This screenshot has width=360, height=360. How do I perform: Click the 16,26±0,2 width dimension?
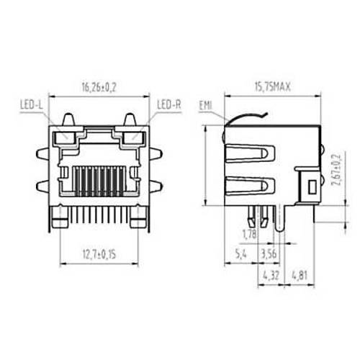coord(99,88)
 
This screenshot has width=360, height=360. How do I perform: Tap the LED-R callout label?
coord(168,106)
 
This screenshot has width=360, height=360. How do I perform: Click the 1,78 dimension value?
coord(250,235)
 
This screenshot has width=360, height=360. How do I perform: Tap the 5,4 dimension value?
coord(242,253)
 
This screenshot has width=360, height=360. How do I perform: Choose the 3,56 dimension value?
coord(267,253)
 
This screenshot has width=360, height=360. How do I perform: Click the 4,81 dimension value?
coord(300,275)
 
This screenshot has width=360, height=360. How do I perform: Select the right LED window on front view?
coord(133,137)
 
